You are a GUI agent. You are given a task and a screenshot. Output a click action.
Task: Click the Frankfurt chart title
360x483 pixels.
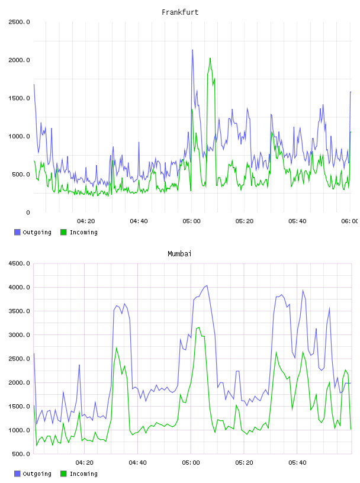180,12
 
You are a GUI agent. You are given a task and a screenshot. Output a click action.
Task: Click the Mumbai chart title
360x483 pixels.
179,254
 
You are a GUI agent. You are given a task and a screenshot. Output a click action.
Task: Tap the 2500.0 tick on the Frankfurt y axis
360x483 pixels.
19,22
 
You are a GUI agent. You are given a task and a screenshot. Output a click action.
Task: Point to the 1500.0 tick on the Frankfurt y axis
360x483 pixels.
19,98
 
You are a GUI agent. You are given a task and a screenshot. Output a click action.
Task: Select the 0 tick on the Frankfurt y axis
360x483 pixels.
28,212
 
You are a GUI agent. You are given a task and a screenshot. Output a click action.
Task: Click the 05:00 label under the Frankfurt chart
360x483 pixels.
191,221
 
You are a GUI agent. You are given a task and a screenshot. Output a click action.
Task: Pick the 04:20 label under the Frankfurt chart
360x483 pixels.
86,221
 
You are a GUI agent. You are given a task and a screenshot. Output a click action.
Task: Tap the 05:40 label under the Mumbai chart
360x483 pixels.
297,463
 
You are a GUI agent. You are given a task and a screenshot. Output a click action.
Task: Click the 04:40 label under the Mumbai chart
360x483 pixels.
138,463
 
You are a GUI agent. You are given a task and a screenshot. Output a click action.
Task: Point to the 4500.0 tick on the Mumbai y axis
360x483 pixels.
19,263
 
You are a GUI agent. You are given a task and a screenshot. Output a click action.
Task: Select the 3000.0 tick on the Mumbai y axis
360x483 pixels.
19,335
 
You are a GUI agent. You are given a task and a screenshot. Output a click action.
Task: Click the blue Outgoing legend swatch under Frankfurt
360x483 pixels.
17,232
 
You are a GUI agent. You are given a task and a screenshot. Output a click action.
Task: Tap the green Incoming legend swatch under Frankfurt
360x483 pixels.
63,232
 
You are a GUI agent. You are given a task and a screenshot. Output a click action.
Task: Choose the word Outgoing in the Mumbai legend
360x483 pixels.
37,474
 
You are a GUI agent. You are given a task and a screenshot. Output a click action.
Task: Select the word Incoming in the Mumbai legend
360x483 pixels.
83,474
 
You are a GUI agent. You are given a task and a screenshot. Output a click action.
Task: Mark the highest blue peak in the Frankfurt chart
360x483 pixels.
192,50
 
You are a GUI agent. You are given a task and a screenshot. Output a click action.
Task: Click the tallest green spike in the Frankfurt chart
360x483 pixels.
210,58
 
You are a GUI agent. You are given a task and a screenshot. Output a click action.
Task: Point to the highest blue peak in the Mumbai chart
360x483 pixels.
207,285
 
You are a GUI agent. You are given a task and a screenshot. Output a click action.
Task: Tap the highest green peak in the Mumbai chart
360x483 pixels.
199,327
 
